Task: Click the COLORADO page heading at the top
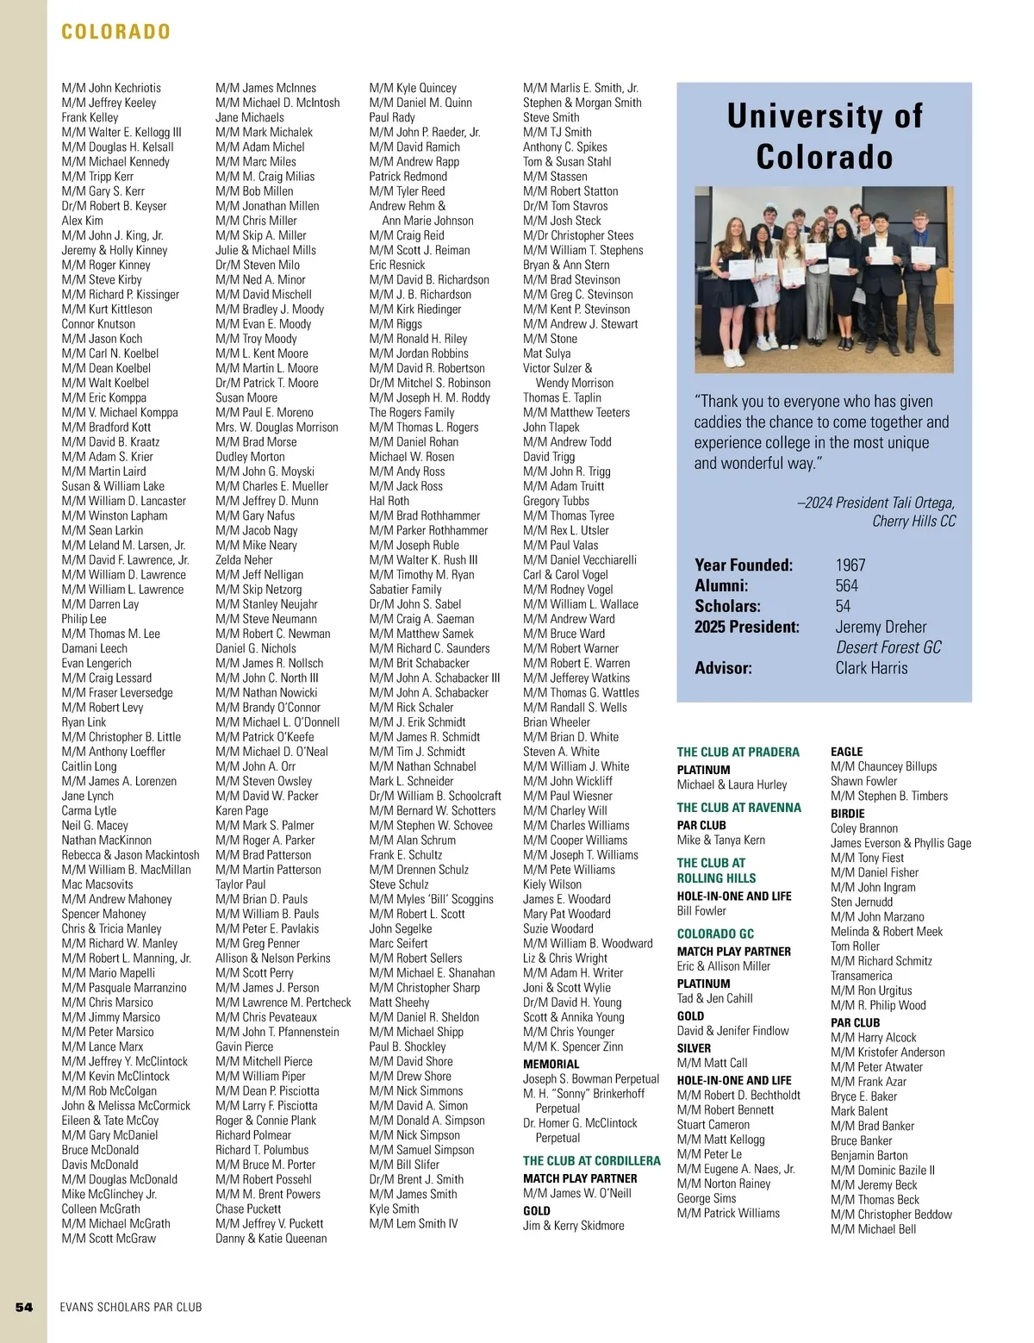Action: coord(116,32)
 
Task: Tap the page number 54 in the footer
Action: coord(24,1307)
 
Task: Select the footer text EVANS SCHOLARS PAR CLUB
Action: coord(131,1307)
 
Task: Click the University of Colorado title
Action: coord(825,136)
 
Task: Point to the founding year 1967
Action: coord(850,565)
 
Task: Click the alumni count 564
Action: coord(847,586)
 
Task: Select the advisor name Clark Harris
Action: coord(871,668)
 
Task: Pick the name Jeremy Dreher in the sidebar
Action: coord(881,627)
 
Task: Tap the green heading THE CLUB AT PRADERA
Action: coord(738,752)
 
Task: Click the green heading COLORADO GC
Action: coord(715,934)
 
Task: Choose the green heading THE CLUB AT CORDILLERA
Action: coord(592,1160)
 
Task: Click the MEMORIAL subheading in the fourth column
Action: coord(551,1064)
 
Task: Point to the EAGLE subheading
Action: coord(846,752)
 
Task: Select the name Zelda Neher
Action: coord(244,559)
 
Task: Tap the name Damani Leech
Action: coord(94,648)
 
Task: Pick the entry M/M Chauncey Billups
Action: coord(883,766)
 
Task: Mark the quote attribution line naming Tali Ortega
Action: coord(875,503)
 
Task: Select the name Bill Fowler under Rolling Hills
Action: coord(701,911)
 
